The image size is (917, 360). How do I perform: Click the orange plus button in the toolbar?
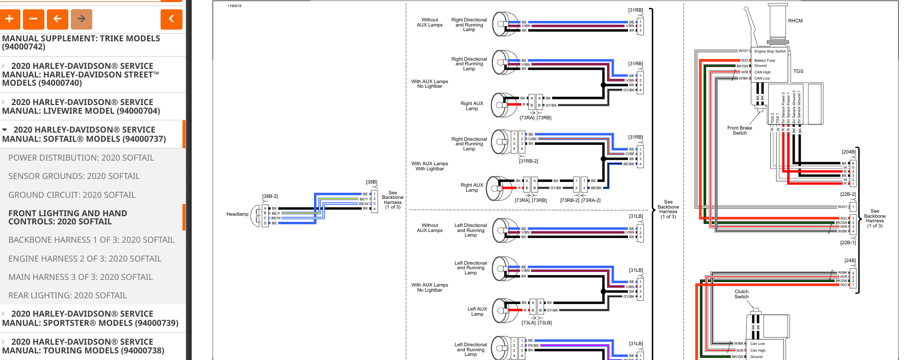tap(10, 19)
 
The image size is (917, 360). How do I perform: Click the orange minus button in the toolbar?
tap(34, 19)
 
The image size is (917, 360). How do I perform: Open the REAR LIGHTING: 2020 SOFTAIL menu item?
tap(67, 295)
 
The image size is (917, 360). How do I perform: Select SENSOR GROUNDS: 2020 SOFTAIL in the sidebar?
tap(74, 176)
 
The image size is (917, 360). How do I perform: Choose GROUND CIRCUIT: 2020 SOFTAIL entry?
tap(72, 195)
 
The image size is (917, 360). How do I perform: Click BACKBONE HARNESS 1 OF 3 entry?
tap(91, 240)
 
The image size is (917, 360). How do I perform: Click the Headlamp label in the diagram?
tap(237, 214)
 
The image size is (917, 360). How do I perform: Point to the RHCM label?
tap(795, 21)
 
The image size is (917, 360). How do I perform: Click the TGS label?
tap(798, 71)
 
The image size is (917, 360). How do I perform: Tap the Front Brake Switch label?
tap(740, 131)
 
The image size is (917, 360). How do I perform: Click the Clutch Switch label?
tap(742, 294)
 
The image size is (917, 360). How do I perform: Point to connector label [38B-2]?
tap(270, 196)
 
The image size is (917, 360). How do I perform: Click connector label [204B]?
tap(849, 152)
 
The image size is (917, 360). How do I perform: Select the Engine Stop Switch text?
tap(770, 52)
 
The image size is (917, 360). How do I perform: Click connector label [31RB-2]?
tap(529, 161)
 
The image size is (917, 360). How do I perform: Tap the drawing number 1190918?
tap(234, 6)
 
